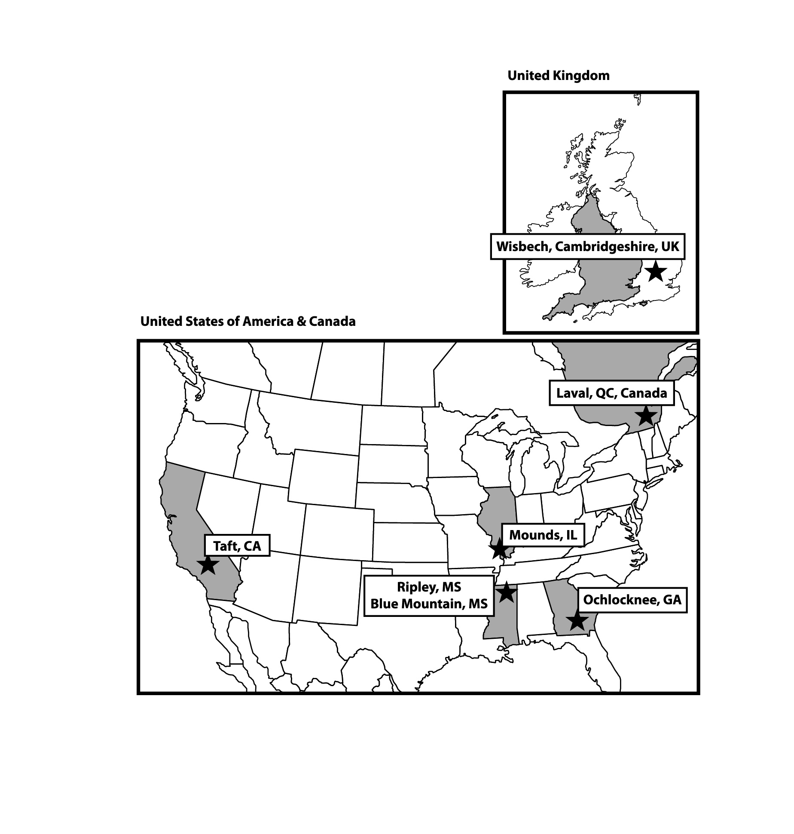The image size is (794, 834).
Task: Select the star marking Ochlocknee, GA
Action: pos(577,621)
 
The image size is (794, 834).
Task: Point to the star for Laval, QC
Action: pos(646,416)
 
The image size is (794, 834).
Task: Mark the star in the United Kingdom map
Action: pos(656,271)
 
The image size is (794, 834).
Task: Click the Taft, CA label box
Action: pos(237,546)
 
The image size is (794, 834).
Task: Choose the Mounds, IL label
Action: pos(543,535)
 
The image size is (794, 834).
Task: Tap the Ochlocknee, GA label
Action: pos(632,600)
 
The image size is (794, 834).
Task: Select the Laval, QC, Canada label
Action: pos(611,393)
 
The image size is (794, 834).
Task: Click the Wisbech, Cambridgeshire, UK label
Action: pos(588,247)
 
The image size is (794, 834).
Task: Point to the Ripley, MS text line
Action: pos(429,587)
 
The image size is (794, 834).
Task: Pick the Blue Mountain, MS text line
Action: pos(429,604)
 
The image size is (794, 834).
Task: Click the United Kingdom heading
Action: pos(559,76)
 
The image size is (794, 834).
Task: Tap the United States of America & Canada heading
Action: pos(248,322)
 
